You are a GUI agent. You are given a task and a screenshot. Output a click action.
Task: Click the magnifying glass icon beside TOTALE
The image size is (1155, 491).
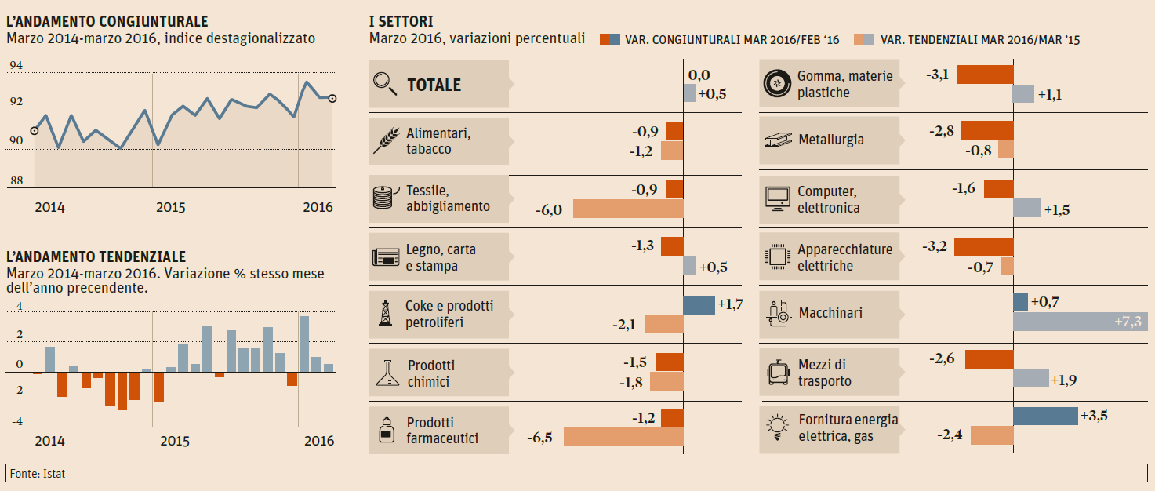[x=385, y=83]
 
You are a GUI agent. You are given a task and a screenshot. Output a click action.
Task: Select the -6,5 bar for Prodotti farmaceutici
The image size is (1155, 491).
[x=623, y=437]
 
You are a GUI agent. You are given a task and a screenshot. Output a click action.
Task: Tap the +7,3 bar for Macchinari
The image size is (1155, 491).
[x=1080, y=322]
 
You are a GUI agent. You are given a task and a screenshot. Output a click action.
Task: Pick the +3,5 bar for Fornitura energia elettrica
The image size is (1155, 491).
[x=1045, y=416]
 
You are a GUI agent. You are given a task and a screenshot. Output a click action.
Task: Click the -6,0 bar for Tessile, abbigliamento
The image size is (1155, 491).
[x=628, y=209]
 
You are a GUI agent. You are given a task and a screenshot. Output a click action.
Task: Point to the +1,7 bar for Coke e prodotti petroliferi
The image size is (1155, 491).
[x=699, y=305]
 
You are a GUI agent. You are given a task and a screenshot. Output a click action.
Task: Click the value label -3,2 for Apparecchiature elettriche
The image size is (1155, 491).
[x=935, y=246]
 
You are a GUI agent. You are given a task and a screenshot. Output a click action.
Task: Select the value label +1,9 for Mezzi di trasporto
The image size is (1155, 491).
[x=1064, y=380]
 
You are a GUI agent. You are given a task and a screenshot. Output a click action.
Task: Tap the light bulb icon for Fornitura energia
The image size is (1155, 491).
[x=776, y=427]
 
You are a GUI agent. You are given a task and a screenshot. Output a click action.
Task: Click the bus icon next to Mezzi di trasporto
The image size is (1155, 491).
[x=776, y=373]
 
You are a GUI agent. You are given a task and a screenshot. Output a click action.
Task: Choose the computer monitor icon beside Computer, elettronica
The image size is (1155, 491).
[x=777, y=199]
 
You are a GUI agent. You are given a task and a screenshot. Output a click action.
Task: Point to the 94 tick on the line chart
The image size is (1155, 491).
[x=16, y=66]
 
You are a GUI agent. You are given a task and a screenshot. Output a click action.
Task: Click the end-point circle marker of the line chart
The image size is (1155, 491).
[x=332, y=98]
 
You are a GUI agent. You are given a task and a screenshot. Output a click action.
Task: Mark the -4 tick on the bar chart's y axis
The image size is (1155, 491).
[x=18, y=421]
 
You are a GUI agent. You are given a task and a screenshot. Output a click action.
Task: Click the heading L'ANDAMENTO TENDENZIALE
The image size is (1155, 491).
[x=96, y=256]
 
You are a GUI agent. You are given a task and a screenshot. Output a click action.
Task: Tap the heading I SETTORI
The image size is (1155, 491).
[x=401, y=21]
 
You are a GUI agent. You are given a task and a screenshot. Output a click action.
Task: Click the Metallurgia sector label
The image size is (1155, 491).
[x=831, y=140]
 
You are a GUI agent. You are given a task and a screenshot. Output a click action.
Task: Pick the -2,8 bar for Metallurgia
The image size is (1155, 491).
[x=987, y=130]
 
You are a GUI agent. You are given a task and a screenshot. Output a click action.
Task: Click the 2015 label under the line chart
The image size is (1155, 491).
[x=170, y=208]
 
